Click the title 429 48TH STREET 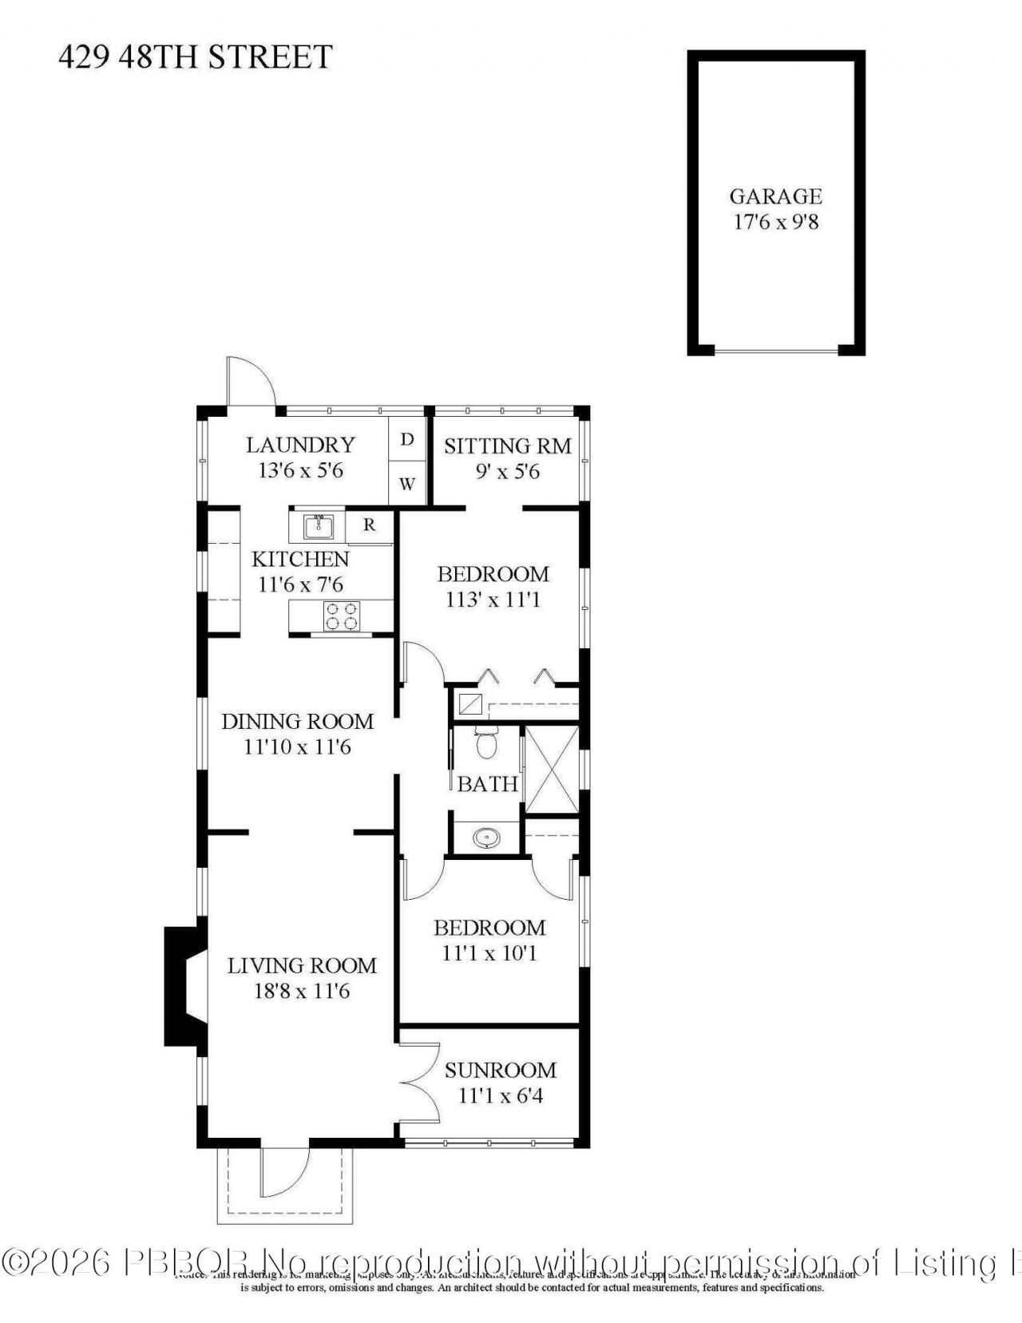pyautogui.click(x=195, y=57)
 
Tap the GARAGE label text pyautogui.click(x=775, y=196)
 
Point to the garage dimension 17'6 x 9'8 pyautogui.click(x=775, y=222)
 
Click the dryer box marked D pyautogui.click(x=407, y=439)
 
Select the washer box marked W pyautogui.click(x=407, y=484)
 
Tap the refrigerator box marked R pyautogui.click(x=370, y=525)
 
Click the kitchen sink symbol pyautogui.click(x=319, y=527)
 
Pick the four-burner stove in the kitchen pyautogui.click(x=343, y=616)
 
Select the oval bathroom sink pyautogui.click(x=485, y=838)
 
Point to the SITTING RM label pyautogui.click(x=508, y=446)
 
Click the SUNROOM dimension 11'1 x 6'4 pyautogui.click(x=501, y=1095)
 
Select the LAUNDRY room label pyautogui.click(x=300, y=445)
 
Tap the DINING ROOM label pyautogui.click(x=297, y=721)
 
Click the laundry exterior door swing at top pyautogui.click(x=250, y=382)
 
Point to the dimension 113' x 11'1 pyautogui.click(x=493, y=600)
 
